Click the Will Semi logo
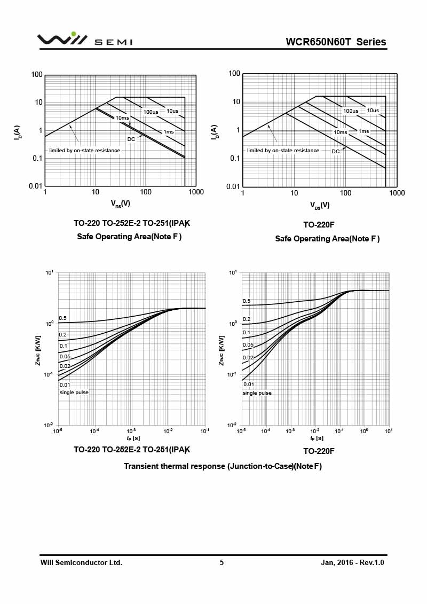pyautogui.click(x=84, y=40)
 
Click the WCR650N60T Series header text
pyautogui.click(x=336, y=42)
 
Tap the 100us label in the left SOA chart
pyautogui.click(x=151, y=112)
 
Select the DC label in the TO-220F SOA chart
pyautogui.click(x=336, y=152)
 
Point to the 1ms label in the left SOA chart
pyautogui.click(x=169, y=132)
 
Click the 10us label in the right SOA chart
pyautogui.click(x=373, y=111)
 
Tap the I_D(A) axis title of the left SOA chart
pyautogui.click(x=18, y=133)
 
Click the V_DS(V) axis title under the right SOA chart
pyautogui.click(x=320, y=205)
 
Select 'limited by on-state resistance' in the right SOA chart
pyautogui.click(x=283, y=151)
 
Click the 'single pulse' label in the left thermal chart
pyautogui.click(x=74, y=393)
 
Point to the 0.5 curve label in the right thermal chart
pyautogui.click(x=247, y=301)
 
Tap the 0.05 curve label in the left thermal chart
pyautogui.click(x=65, y=356)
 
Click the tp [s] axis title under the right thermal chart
pyautogui.click(x=315, y=438)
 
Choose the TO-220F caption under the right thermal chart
pyautogui.click(x=319, y=451)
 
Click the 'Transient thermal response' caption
pyautogui.click(x=223, y=466)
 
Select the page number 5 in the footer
pyautogui.click(x=222, y=562)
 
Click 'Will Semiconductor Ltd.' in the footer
pyautogui.click(x=81, y=562)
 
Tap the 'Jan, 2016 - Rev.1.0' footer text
pyautogui.click(x=352, y=562)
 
